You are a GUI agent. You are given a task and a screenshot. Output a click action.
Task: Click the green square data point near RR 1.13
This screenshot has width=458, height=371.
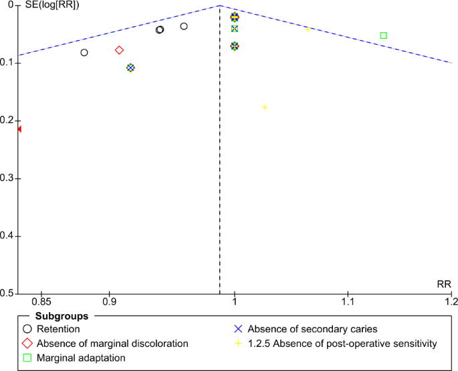click(x=383, y=35)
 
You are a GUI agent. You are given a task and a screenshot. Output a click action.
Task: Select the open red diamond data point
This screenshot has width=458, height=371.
click(x=119, y=50)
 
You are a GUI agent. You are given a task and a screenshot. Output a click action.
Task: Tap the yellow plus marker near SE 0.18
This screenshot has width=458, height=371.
click(x=265, y=108)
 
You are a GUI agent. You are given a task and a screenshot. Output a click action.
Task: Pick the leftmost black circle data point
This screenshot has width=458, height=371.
click(x=84, y=53)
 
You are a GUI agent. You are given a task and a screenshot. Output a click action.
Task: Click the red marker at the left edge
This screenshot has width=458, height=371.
click(x=19, y=129)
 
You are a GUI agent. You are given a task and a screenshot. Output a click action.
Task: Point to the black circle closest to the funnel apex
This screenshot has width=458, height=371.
click(x=184, y=26)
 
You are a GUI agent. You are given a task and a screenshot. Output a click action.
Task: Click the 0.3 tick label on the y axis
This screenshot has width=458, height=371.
click(x=9, y=178)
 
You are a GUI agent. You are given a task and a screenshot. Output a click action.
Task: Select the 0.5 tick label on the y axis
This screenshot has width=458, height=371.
click(x=9, y=293)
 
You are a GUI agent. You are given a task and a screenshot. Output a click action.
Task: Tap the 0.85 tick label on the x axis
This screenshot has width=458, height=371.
click(x=41, y=302)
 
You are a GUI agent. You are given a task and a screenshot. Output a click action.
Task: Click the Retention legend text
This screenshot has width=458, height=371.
click(x=59, y=329)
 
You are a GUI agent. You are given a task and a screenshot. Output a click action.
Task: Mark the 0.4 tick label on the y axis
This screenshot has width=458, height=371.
click(x=9, y=236)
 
